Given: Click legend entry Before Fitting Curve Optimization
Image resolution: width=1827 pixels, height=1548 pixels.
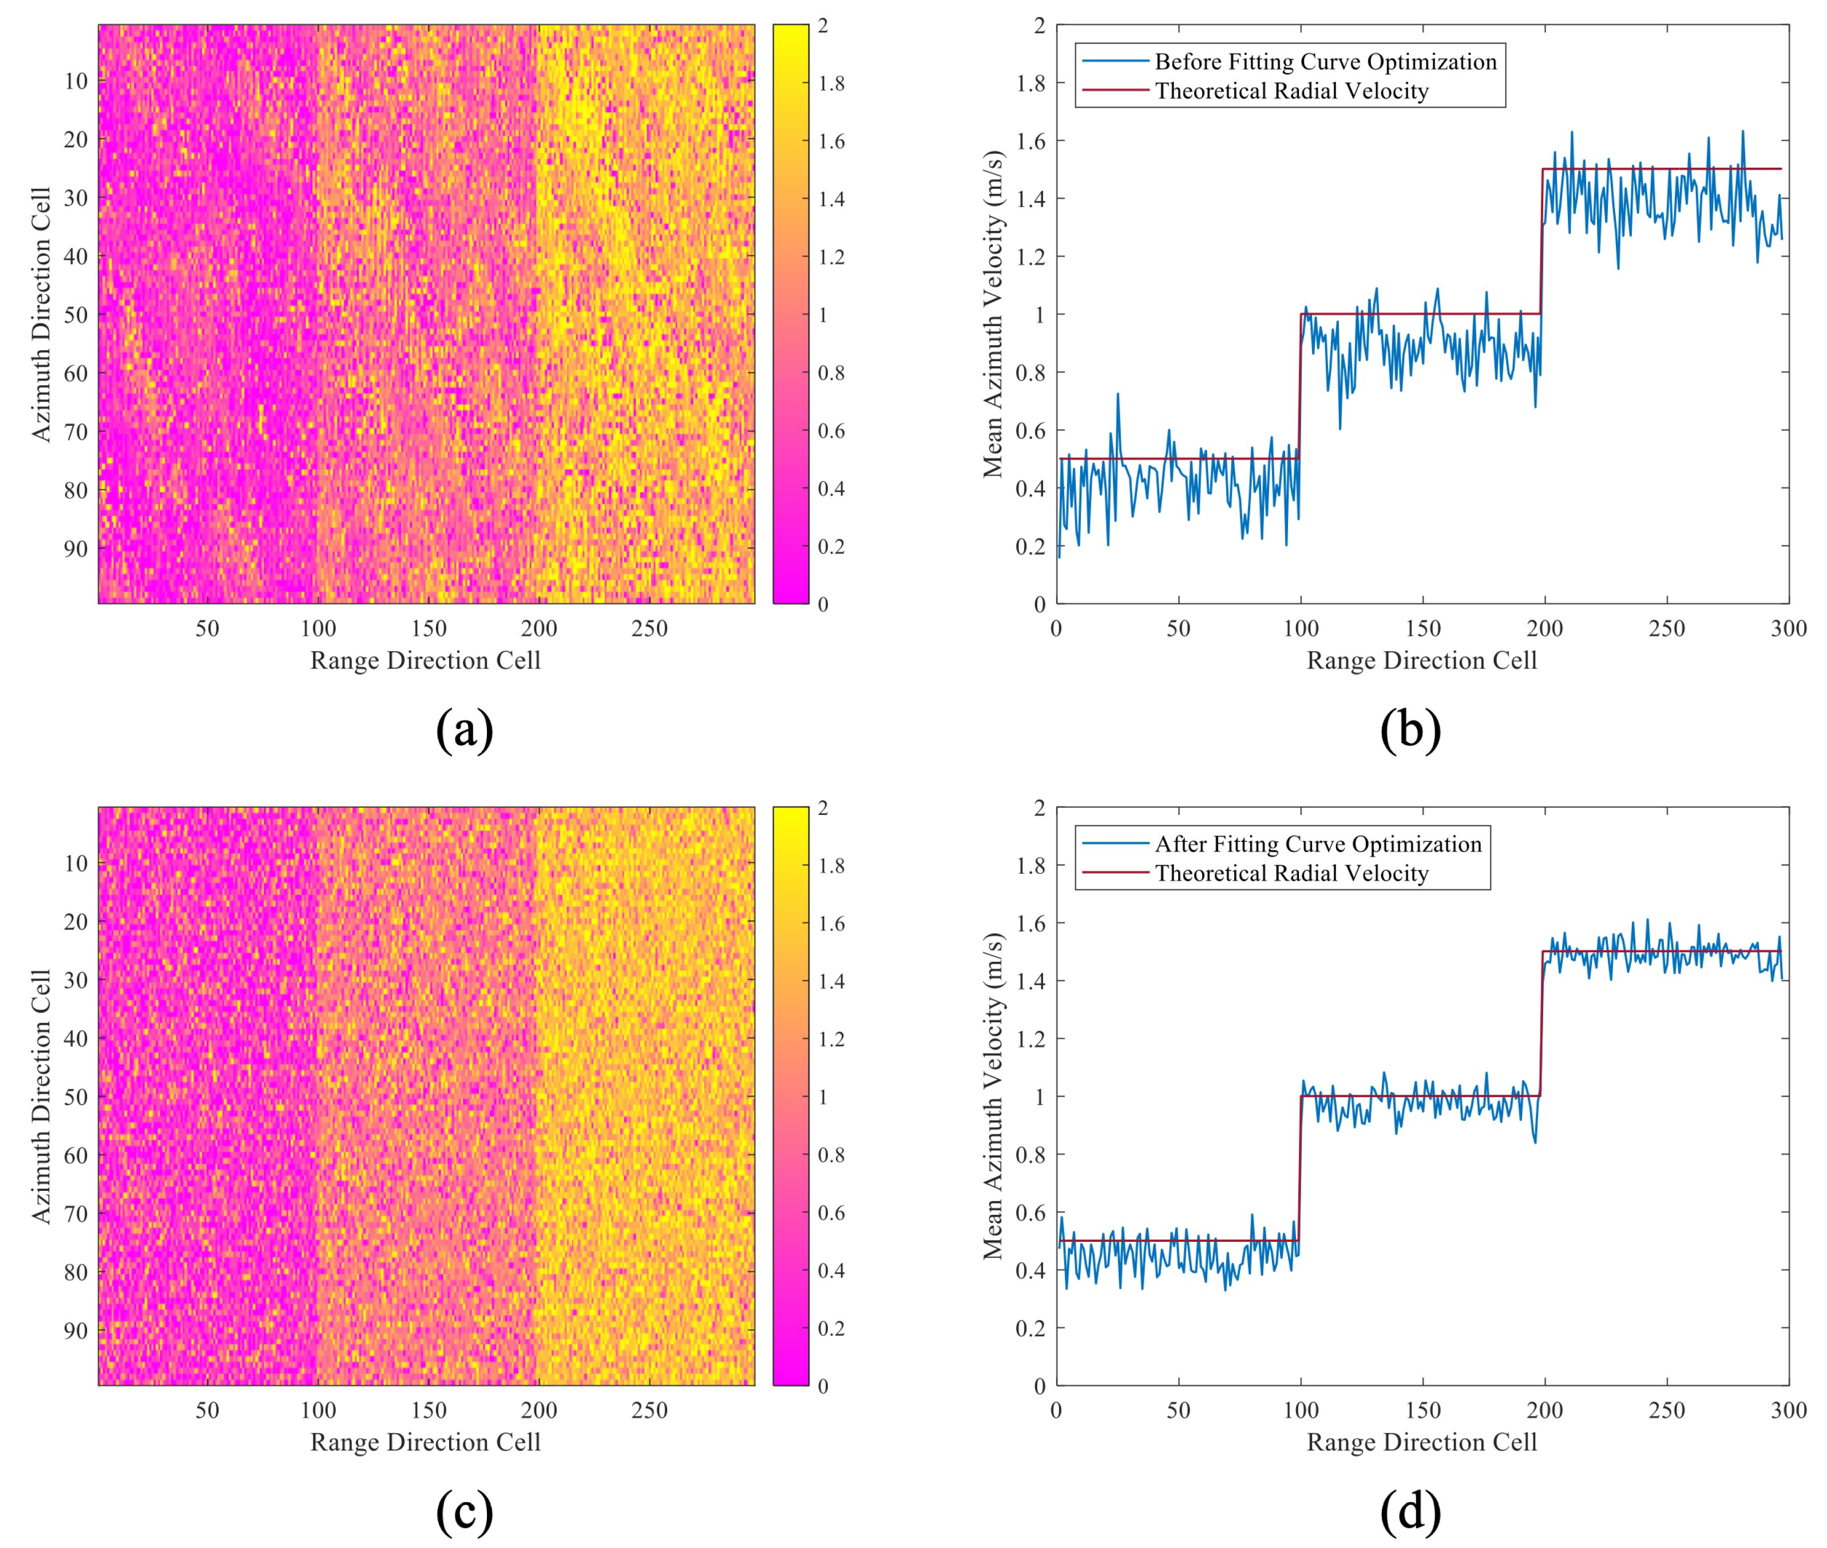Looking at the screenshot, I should point(1325,61).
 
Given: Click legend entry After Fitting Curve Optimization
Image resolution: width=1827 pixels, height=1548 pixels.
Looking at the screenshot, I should point(1317,844).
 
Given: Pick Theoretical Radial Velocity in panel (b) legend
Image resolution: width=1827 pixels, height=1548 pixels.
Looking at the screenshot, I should point(1291,91).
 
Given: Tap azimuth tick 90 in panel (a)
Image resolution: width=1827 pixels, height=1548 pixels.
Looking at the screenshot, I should point(76,548).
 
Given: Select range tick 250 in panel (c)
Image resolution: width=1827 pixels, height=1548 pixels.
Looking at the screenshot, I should point(649,1410).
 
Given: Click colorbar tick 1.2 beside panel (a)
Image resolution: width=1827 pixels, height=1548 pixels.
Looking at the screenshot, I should point(831,257).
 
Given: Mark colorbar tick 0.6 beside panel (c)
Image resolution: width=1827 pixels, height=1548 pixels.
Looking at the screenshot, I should point(831,1213).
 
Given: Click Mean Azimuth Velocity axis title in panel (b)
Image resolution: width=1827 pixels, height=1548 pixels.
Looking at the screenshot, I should point(993,314).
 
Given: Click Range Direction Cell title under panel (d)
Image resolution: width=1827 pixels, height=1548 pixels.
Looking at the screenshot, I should point(1421,1442).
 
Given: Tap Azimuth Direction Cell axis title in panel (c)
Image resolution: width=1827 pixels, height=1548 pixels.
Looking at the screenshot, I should point(41,1096).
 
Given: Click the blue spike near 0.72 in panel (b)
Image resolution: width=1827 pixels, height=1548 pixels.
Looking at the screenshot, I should point(1117,395).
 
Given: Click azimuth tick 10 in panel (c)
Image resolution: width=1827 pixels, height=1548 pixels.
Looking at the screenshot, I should point(76,864).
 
